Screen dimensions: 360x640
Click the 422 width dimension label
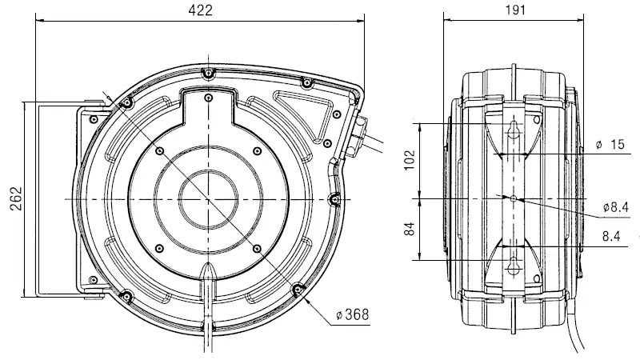[201, 10]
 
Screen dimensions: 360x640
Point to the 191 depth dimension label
[514, 10]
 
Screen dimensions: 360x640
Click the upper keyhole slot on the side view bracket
[514, 128]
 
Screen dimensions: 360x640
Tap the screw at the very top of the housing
[207, 73]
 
